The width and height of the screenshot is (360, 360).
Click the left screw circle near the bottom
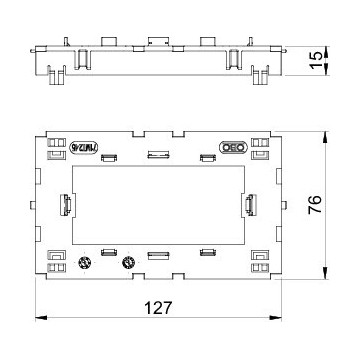tap(85, 264)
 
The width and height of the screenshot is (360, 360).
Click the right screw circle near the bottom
tap(127, 264)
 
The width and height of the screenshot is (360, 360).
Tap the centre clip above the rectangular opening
tap(157, 155)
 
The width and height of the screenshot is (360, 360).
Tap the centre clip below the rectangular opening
tap(157, 256)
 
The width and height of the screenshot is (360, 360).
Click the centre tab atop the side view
tap(157, 43)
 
